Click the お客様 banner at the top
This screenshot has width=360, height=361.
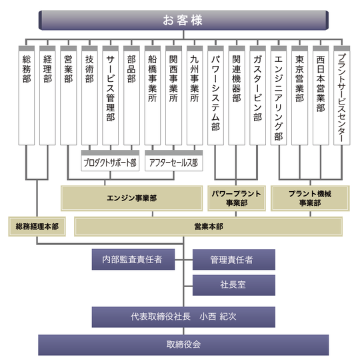tap(183, 20)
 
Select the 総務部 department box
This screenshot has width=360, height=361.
tap(27, 95)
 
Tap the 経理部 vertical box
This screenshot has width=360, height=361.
tap(47, 95)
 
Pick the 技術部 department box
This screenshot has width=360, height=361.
tap(89, 95)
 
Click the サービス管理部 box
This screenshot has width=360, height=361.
tap(111, 95)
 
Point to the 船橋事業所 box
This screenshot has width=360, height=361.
tap(153, 95)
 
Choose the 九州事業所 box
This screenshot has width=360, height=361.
tap(195, 95)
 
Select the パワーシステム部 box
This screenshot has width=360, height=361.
tap(215, 95)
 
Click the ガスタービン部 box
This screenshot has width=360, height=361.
tap(258, 95)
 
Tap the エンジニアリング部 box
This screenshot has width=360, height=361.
tap(279, 95)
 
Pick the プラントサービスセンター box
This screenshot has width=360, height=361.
tap(342, 95)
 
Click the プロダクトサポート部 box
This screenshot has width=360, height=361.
tap(110, 161)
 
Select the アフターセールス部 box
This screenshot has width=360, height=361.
tap(174, 161)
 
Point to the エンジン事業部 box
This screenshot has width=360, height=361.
tap(131, 198)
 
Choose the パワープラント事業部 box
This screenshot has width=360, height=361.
tap(237, 198)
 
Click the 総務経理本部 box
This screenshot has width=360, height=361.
tap(37, 226)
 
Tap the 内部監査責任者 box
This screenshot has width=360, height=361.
tap(133, 260)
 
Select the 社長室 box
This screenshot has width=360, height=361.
tap(234, 285)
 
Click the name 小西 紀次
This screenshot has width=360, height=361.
tap(218, 317)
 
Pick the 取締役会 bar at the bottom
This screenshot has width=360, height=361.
tap(183, 345)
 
